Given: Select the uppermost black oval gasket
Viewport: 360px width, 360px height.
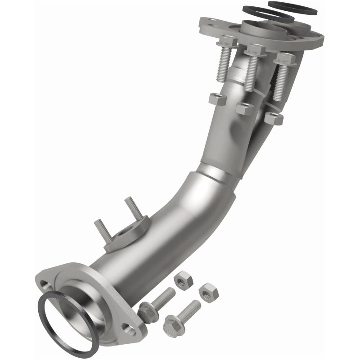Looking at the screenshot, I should click(x=292, y=8).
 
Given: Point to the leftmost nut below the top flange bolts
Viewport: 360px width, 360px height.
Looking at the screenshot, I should click(x=217, y=99).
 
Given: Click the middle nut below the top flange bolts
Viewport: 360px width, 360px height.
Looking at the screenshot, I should click(x=245, y=108).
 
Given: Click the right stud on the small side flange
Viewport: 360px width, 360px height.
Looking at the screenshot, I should click(x=133, y=209).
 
